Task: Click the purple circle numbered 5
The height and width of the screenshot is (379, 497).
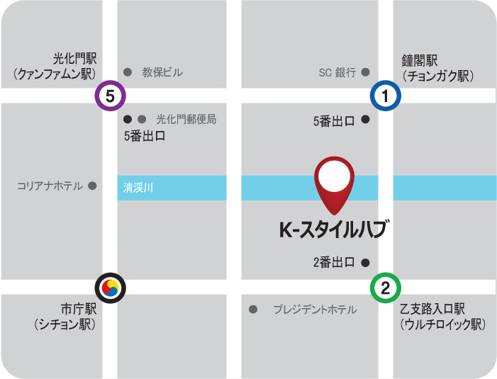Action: [111, 96]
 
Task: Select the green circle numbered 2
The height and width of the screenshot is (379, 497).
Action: [385, 288]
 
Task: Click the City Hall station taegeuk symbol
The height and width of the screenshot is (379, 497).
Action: [111, 288]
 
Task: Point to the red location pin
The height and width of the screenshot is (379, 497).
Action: [334, 181]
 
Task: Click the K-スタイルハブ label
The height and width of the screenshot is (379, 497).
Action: [334, 230]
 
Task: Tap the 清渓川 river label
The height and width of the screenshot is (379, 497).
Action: [138, 188]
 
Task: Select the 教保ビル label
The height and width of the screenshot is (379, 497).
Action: [162, 72]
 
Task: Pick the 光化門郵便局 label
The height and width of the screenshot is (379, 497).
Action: [186, 120]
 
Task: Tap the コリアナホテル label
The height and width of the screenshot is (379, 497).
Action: [50, 186]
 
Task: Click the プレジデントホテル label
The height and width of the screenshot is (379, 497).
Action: [315, 310]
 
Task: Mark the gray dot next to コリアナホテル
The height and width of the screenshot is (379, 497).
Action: [91, 186]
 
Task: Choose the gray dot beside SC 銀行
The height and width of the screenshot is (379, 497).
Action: [366, 72]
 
